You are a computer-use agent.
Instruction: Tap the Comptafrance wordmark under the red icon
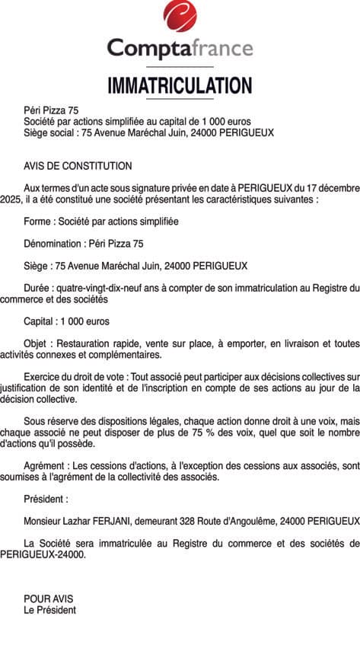(180, 49)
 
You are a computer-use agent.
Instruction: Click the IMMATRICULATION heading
(180, 85)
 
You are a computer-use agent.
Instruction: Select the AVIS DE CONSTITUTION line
(78, 166)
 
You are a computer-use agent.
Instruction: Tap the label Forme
(38, 221)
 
